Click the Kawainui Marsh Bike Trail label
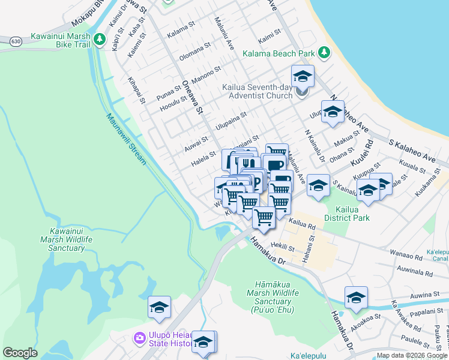pos(60,41)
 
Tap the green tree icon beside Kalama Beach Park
pos(324,53)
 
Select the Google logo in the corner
pos(20,353)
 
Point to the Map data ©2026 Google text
pos(411,355)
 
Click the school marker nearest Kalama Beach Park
pos(303,77)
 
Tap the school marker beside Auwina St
pos(356,298)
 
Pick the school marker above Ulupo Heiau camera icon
pos(159,307)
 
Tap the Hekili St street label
pos(280,245)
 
